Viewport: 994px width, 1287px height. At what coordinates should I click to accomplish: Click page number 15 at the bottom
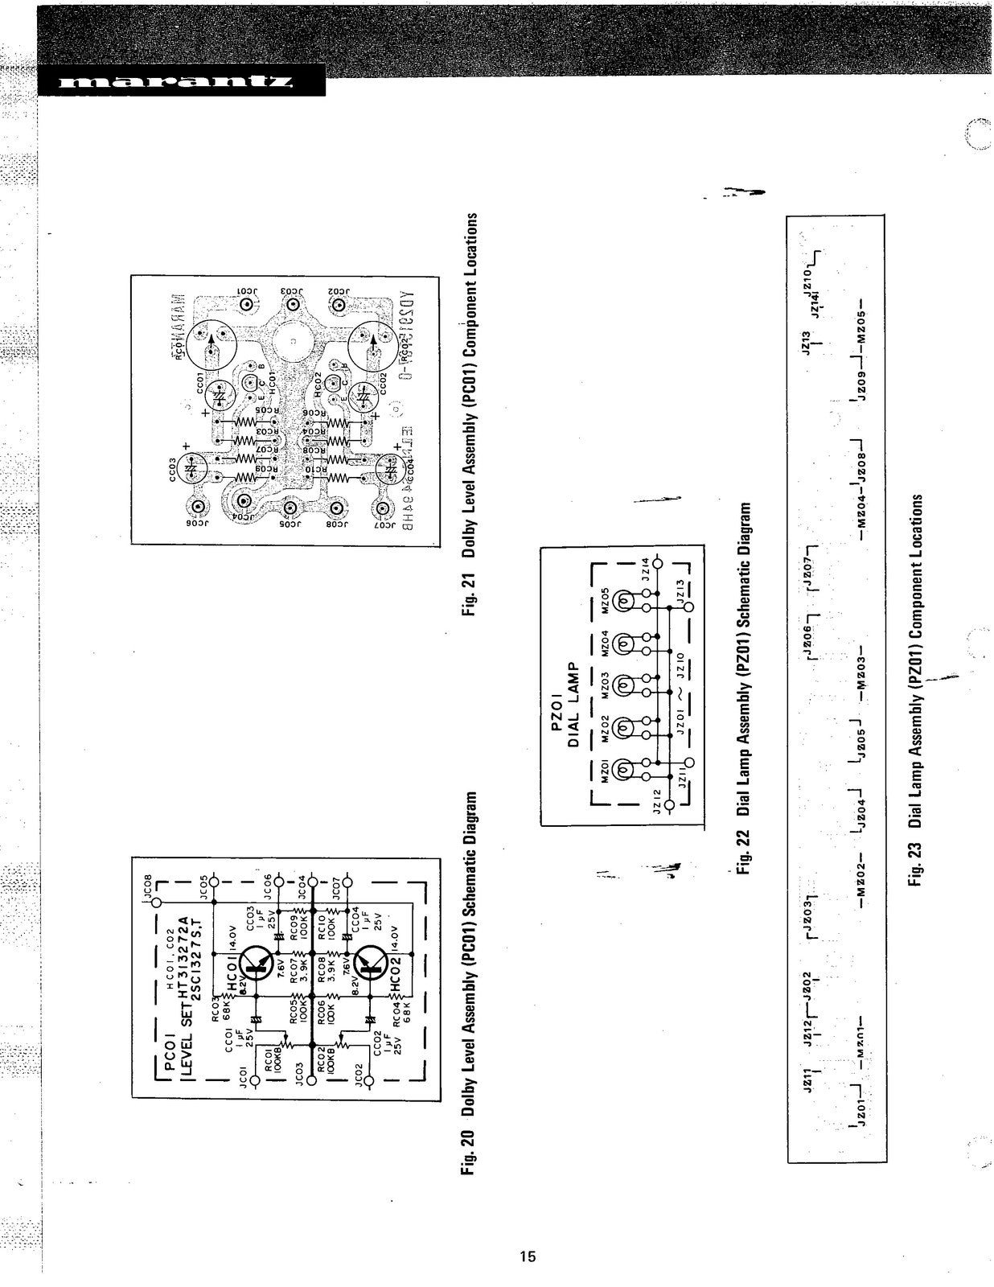click(x=528, y=1256)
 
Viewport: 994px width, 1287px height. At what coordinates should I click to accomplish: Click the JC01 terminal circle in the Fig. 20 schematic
click(x=255, y=1080)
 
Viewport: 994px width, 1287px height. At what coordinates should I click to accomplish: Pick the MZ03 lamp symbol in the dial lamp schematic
click(x=623, y=685)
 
